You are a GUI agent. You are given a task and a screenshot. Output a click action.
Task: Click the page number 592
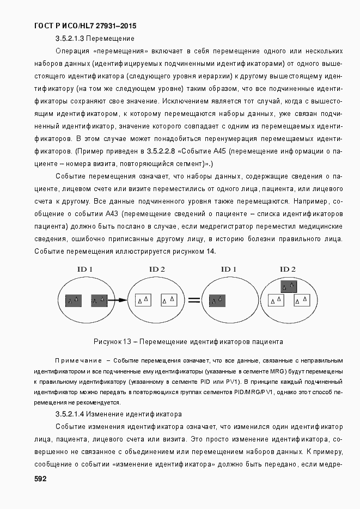(40, 479)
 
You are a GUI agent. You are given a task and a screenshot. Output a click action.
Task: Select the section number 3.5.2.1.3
(70, 39)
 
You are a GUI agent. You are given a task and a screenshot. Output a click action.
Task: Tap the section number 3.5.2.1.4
(70, 414)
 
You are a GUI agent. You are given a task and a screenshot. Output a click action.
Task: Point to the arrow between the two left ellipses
(118, 299)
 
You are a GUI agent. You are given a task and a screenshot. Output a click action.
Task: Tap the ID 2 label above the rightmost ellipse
(288, 269)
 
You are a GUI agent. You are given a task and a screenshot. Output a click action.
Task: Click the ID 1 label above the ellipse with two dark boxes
(84, 269)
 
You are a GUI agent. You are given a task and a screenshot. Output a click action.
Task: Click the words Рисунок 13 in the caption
(112, 342)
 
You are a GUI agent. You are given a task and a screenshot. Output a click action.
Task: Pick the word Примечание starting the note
(78, 361)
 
